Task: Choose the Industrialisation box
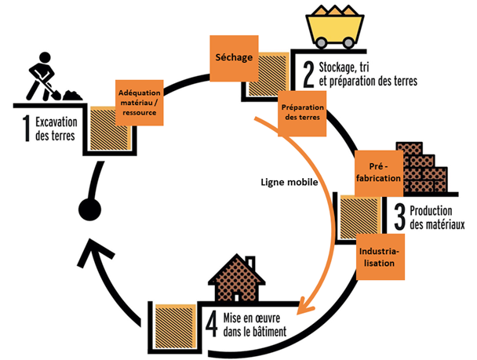[x=380, y=256]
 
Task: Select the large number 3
[x=399, y=215]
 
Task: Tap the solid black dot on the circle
[x=89, y=209]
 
